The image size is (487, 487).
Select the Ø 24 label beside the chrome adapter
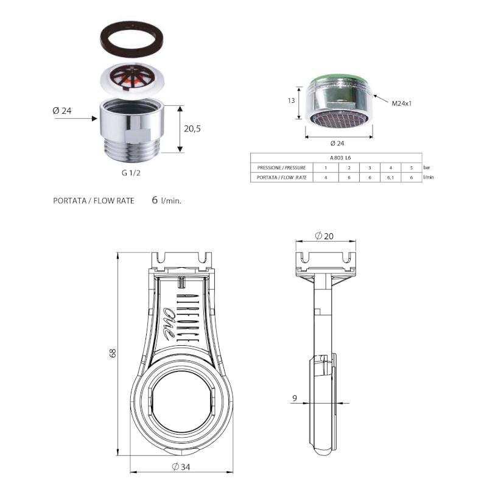click(63, 111)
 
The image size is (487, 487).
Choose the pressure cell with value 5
click(412, 167)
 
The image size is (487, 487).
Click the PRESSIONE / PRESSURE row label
click(281, 167)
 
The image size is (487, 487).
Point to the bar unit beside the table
click(427, 167)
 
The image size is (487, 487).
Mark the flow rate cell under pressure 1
click(326, 177)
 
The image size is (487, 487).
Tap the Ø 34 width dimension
click(181, 466)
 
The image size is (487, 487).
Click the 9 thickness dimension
click(295, 399)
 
